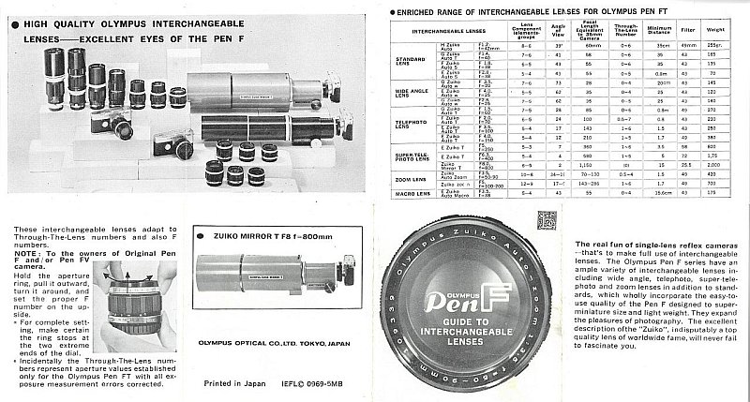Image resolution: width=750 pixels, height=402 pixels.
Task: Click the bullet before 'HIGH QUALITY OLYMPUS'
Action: pyautogui.click(x=9, y=9)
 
